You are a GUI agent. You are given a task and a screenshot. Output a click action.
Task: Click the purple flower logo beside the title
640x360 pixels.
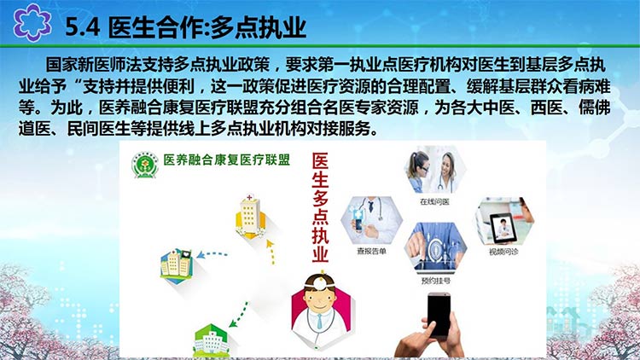click(32, 22)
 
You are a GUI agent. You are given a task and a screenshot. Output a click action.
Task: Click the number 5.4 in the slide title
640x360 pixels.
click(83, 28)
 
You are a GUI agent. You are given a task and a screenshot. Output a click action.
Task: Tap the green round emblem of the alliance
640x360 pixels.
click(145, 165)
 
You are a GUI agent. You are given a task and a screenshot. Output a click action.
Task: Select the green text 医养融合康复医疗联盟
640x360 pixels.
click(226, 160)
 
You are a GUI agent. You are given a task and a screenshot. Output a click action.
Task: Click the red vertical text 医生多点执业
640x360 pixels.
click(320, 207)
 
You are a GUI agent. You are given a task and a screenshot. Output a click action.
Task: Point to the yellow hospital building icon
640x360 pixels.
click(250, 217)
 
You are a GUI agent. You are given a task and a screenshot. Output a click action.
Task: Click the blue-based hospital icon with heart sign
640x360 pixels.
click(177, 266)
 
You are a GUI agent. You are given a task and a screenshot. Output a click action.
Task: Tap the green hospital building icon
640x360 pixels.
click(211, 340)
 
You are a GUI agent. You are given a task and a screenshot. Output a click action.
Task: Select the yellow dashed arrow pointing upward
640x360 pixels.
click(271, 252)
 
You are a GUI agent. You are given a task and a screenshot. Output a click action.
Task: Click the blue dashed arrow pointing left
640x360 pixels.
click(212, 255)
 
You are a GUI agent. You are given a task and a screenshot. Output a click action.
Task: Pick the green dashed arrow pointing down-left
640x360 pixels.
click(238, 314)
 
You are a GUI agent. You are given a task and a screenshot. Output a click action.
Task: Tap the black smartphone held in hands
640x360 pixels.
click(439, 315)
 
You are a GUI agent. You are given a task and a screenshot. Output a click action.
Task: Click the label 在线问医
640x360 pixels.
click(434, 201)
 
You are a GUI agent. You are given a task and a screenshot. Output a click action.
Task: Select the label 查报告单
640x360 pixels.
click(371, 251)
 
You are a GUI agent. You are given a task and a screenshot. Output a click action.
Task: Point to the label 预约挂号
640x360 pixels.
click(435, 281)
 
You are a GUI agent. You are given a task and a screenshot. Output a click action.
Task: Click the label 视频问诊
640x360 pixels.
click(503, 252)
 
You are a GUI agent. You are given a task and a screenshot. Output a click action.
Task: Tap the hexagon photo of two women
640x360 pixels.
click(435, 170)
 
